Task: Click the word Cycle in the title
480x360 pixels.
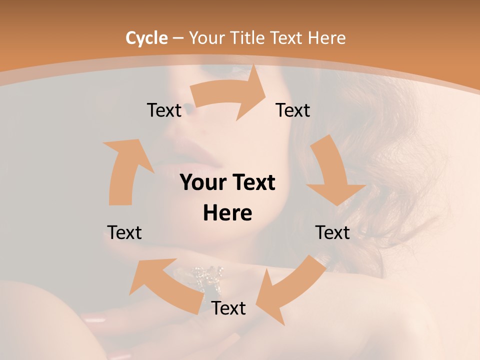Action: [146, 38]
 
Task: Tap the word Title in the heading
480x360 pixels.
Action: [246, 38]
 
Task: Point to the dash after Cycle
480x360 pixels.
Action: [178, 38]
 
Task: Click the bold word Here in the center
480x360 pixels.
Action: [227, 213]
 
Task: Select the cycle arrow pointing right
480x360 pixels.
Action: [228, 93]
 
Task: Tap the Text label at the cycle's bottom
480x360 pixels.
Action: [228, 308]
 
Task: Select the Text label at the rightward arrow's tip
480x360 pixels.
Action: [293, 110]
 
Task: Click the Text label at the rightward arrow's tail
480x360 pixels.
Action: [164, 110]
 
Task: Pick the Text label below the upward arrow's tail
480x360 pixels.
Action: [124, 232]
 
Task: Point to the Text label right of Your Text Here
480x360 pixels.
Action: [332, 232]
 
